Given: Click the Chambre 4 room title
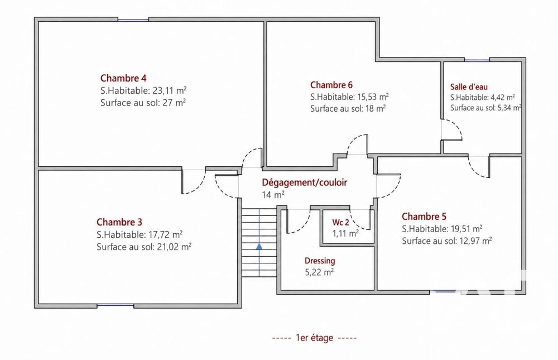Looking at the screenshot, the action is pyautogui.click(x=123, y=78).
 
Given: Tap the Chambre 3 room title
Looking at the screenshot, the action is pyautogui.click(x=119, y=222).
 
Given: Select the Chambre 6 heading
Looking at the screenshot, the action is pyautogui.click(x=331, y=85).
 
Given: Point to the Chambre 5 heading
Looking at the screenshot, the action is pyautogui.click(x=424, y=217).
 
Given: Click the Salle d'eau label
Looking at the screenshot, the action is pyautogui.click(x=469, y=87).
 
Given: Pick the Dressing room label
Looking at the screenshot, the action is pyautogui.click(x=320, y=261).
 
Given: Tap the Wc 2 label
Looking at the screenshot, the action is pyautogui.click(x=340, y=223).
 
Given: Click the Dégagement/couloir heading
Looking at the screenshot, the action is pyautogui.click(x=304, y=183).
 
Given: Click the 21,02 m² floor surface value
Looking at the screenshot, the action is pyautogui.click(x=174, y=247).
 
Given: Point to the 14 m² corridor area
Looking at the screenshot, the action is pyautogui.click(x=273, y=195).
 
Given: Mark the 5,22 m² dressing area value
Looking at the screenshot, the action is pyautogui.click(x=319, y=272).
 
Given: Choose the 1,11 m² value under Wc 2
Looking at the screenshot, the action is pyautogui.click(x=345, y=234).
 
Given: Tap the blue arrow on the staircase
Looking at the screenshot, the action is pyautogui.click(x=259, y=246).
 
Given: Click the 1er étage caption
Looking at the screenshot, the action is pyautogui.click(x=314, y=338).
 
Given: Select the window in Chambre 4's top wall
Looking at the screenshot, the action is pyautogui.click(x=133, y=20).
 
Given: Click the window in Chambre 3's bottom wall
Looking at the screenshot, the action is pyautogui.click(x=116, y=305).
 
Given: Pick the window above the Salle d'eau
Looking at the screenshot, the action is pyautogui.click(x=477, y=60).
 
